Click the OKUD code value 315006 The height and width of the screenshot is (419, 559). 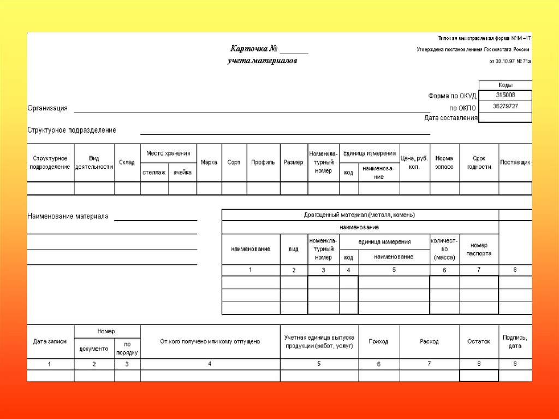(505, 95)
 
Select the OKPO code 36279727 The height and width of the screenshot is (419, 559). (505, 106)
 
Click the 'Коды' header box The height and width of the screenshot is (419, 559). (505, 85)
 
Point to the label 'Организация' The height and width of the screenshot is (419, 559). (47, 108)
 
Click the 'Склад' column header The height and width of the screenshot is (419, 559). (127, 162)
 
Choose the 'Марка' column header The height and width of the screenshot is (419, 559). (209, 162)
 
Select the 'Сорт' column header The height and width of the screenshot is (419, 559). (234, 162)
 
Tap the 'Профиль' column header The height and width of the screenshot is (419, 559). (263, 162)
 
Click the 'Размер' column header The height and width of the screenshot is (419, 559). (294, 162)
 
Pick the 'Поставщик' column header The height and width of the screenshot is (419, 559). (515, 162)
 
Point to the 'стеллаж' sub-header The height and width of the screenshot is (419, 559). (154, 173)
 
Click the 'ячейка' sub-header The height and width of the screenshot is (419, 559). (182, 173)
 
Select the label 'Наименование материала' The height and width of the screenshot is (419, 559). (68, 216)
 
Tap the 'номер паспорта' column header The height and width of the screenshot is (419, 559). (479, 249)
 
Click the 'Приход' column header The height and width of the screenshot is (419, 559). (378, 341)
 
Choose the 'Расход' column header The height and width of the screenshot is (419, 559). (429, 341)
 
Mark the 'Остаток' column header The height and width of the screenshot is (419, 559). (479, 341)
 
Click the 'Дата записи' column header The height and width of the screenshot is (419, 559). (50, 341)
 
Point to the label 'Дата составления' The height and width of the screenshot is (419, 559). (450, 117)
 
